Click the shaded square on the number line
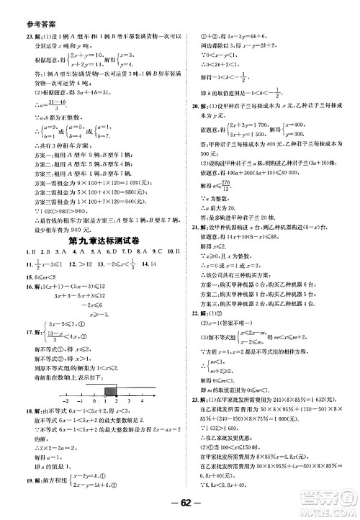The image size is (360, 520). pos(111,392)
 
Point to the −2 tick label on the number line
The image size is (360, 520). pos(66,403)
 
